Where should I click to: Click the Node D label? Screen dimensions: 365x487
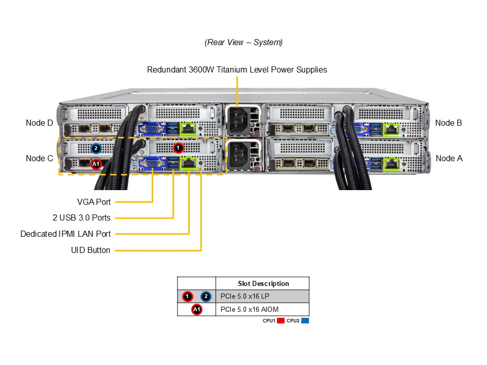tap(40, 123)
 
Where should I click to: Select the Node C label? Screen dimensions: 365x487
tap(40, 158)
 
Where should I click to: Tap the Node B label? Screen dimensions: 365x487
tap(448, 123)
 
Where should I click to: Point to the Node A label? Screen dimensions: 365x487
tap(449, 158)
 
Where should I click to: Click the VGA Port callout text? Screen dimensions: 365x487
tap(94, 202)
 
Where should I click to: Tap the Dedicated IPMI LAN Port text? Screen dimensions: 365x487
tap(65, 234)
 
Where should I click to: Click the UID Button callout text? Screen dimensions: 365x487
tap(91, 250)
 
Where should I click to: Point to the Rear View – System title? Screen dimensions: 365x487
tap(243, 42)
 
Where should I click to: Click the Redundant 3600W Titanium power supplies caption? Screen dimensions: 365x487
tap(237, 69)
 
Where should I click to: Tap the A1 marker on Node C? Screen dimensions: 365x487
tap(96, 164)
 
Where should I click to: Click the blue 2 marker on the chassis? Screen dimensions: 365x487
tap(96, 149)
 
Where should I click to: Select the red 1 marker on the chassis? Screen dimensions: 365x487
tap(178, 148)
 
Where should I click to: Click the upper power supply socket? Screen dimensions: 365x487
tap(241, 120)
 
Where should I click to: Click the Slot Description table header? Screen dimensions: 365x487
tap(263, 283)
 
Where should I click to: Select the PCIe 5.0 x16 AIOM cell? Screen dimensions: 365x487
tap(250, 309)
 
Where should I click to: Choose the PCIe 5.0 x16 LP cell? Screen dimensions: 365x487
tap(246, 296)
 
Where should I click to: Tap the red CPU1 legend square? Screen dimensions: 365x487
tap(280, 321)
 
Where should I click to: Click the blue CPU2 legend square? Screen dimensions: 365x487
tap(305, 321)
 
